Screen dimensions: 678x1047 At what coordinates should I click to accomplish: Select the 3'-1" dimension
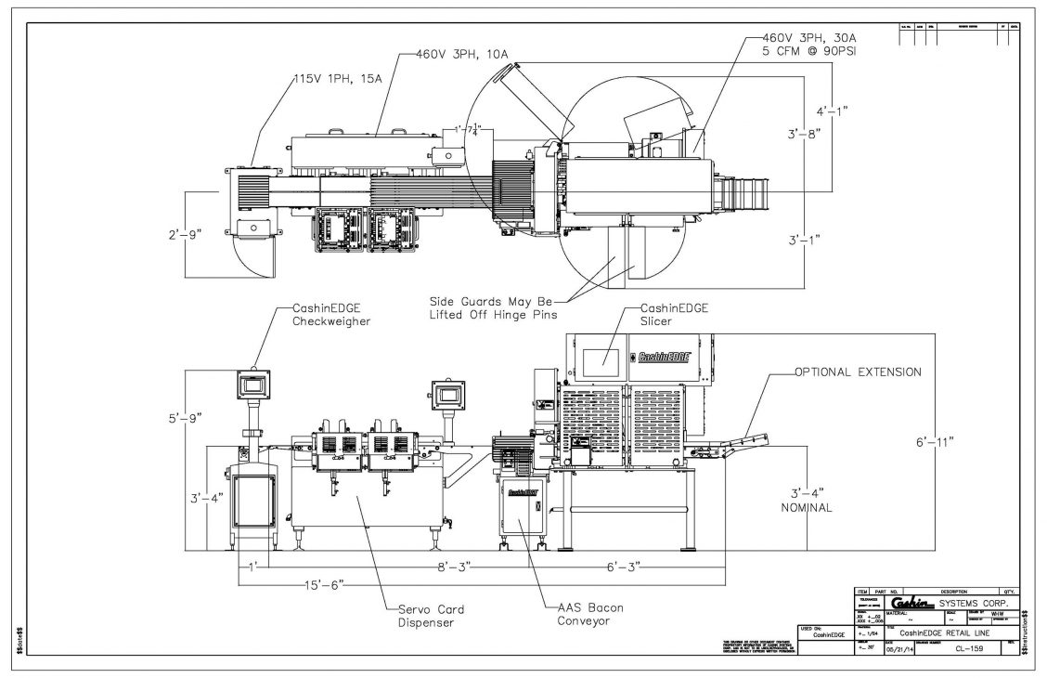coord(804,240)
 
